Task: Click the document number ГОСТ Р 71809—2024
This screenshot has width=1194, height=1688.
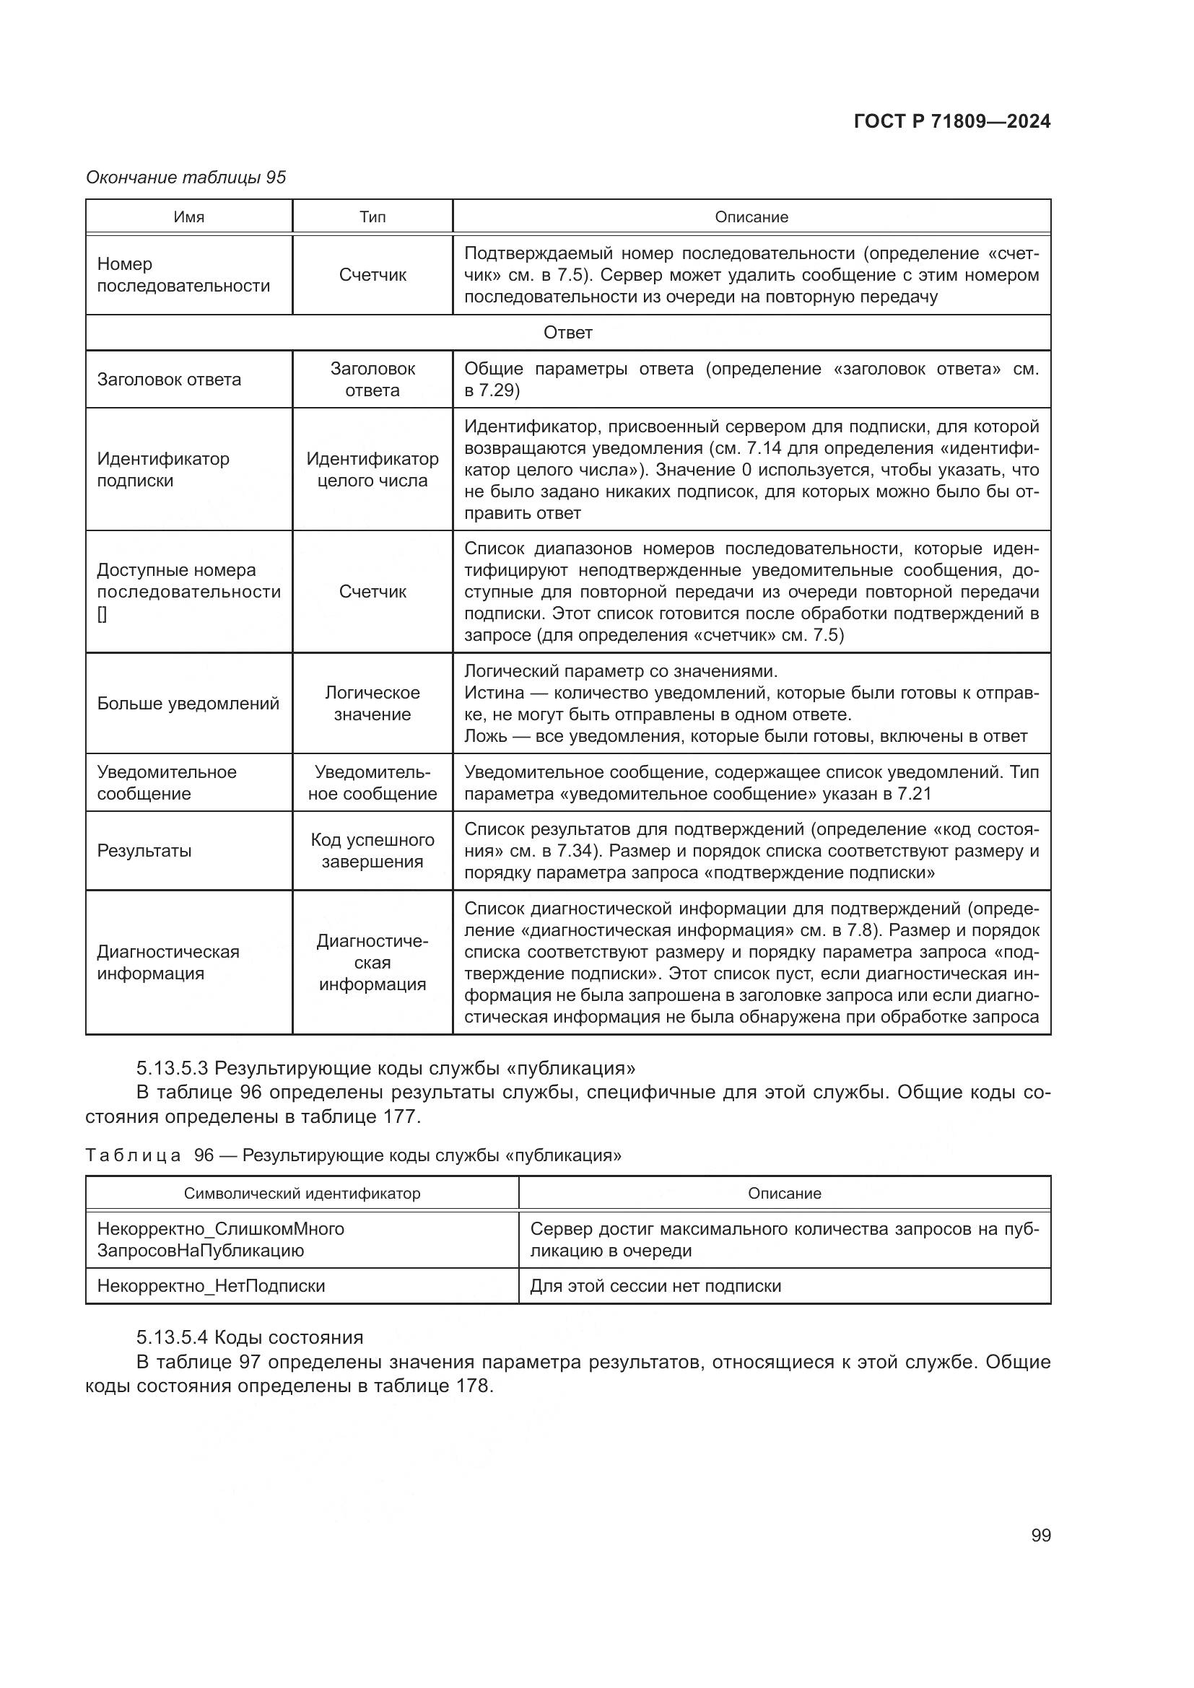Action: tap(951, 122)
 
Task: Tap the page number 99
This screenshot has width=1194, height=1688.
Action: tap(1040, 1535)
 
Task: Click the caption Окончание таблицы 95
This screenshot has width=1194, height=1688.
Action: tap(186, 178)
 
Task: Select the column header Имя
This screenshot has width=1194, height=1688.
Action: tap(189, 217)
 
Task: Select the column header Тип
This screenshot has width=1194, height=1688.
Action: tap(372, 217)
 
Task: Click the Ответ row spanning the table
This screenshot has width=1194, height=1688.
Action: tap(567, 333)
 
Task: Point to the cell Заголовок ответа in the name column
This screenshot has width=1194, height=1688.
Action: tap(169, 380)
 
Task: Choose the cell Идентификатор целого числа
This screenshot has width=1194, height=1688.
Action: tap(372, 470)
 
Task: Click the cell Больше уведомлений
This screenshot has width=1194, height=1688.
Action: tap(188, 704)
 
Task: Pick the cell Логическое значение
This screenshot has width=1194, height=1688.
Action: tap(372, 704)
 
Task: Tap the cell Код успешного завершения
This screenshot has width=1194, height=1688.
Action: tap(372, 851)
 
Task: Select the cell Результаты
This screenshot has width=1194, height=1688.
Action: tap(144, 851)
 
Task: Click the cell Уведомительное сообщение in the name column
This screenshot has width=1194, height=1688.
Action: tap(167, 783)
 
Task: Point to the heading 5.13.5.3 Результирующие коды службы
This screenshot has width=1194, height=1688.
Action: tap(386, 1067)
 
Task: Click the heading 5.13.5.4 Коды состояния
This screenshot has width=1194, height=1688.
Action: tap(250, 1337)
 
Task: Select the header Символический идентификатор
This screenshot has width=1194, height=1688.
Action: tap(302, 1193)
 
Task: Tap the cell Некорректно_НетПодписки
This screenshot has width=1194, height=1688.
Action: tap(211, 1286)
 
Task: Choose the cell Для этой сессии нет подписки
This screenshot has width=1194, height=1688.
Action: tap(655, 1286)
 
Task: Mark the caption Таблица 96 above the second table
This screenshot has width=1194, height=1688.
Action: tap(353, 1155)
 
